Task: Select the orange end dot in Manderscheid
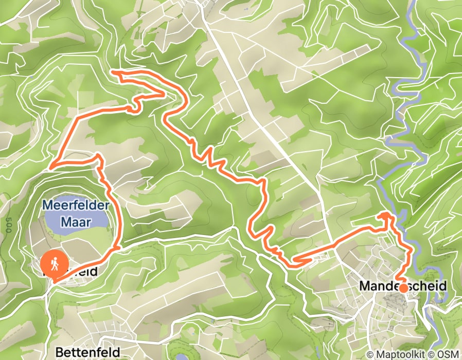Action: [x=403, y=288]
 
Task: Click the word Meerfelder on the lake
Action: [x=76, y=205]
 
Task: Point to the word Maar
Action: [x=76, y=222]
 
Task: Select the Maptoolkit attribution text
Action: [x=400, y=354]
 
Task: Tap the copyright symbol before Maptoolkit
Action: [x=370, y=354]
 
